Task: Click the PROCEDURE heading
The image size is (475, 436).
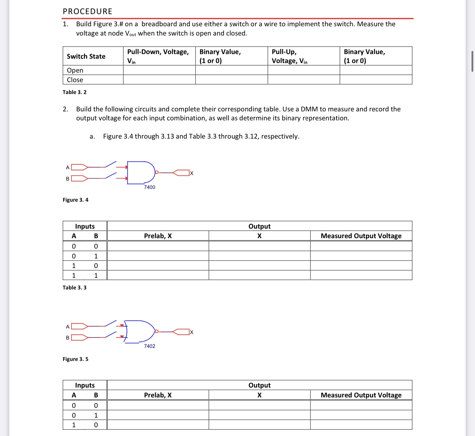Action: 87,11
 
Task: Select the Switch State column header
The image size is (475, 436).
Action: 86,56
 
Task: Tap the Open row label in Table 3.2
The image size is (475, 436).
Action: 75,70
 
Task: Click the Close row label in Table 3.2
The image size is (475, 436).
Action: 75,80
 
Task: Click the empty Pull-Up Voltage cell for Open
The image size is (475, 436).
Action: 304,70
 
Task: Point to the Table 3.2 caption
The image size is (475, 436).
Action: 74,92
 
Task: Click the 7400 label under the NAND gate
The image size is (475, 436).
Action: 149,187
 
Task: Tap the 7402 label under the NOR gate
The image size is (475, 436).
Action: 149,346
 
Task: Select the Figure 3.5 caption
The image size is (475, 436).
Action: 75,359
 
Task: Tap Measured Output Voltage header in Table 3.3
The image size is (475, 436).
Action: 361,236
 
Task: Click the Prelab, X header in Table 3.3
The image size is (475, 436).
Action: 158,236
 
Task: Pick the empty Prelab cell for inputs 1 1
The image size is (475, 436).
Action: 158,275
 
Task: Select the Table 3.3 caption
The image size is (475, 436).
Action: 74,287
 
